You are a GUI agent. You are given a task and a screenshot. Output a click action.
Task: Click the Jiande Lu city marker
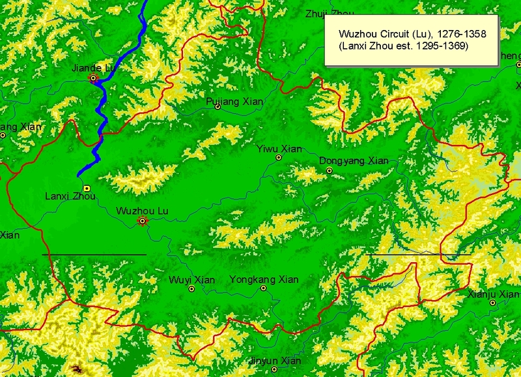94,78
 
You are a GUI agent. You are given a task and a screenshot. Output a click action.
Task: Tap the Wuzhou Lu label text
142,211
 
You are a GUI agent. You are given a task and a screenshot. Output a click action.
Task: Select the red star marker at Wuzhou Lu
142,221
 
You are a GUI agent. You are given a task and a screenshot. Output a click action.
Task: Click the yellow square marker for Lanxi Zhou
87,188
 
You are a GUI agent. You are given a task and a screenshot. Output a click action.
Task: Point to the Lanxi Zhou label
70,196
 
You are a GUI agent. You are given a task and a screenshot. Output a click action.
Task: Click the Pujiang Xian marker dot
218,107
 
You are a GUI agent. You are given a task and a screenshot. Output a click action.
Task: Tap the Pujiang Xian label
234,101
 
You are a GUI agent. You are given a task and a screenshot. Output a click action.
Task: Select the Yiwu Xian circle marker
279,157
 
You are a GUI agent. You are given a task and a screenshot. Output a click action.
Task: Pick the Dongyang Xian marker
330,170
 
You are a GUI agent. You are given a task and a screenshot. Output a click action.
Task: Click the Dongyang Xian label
354,160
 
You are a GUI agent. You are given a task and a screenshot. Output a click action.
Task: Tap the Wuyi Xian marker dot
191,288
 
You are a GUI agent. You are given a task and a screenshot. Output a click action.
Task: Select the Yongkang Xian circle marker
264,288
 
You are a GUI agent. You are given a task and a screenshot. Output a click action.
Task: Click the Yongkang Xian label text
264,279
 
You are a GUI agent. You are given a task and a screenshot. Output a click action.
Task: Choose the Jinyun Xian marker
275,369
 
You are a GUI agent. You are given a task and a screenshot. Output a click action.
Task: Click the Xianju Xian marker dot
493,303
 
